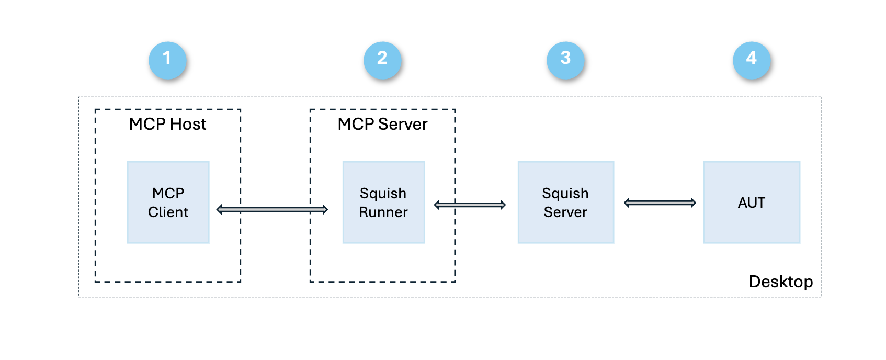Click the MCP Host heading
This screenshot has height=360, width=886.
[x=167, y=124]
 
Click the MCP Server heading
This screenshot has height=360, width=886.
[x=382, y=124]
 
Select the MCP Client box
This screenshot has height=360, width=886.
[x=168, y=203]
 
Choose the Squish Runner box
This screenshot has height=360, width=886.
[x=383, y=203]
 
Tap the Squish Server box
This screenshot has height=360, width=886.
[x=565, y=203]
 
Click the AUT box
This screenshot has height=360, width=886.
[x=752, y=203]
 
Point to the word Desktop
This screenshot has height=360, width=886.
[x=780, y=282]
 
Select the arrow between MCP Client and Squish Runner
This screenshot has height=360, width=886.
[x=272, y=209]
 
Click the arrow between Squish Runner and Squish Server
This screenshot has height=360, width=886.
[x=470, y=205]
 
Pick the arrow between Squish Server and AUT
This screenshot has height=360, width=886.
[x=660, y=203]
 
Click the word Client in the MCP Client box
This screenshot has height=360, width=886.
[x=168, y=212]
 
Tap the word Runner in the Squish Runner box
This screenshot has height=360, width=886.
[x=383, y=212]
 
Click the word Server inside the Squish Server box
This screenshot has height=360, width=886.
[x=565, y=212]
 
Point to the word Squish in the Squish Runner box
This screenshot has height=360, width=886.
[x=383, y=193]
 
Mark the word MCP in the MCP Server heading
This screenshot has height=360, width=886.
[x=356, y=124]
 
